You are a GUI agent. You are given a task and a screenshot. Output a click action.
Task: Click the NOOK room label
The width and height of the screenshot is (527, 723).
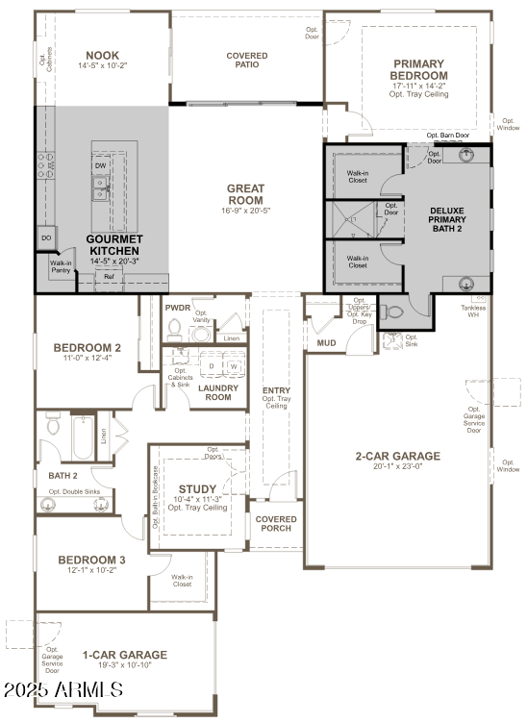click(x=102, y=56)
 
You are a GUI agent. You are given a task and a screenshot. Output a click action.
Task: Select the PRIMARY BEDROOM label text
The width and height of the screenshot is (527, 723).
click(x=419, y=69)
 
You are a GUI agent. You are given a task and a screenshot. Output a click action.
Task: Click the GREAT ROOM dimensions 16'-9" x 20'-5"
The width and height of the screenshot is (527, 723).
click(x=246, y=210)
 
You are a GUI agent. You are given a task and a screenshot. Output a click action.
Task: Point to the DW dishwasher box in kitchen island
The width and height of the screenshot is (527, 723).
click(x=101, y=165)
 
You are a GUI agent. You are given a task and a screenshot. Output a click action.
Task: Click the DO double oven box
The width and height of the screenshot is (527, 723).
click(x=46, y=237)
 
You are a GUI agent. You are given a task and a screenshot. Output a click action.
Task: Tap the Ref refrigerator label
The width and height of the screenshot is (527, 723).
click(x=109, y=277)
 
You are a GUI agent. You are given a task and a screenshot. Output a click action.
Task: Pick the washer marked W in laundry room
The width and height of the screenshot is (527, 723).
click(x=233, y=366)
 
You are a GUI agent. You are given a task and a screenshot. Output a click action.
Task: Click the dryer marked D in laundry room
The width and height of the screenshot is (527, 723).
click(x=211, y=366)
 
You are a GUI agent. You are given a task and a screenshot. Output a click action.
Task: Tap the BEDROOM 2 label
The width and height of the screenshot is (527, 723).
click(x=87, y=348)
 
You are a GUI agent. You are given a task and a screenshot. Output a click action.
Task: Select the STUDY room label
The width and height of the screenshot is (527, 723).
click(x=197, y=489)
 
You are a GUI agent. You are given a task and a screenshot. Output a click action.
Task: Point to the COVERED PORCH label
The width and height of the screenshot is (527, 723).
click(x=276, y=525)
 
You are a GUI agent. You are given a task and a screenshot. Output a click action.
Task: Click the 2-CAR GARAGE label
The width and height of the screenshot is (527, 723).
click(x=397, y=457)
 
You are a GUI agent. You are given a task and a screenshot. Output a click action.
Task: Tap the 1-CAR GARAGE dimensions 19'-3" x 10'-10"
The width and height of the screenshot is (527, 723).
click(x=123, y=665)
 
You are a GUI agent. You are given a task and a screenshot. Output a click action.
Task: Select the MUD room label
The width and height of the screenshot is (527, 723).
click(x=326, y=341)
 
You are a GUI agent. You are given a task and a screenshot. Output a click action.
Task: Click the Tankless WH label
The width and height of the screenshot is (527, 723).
click(x=472, y=311)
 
